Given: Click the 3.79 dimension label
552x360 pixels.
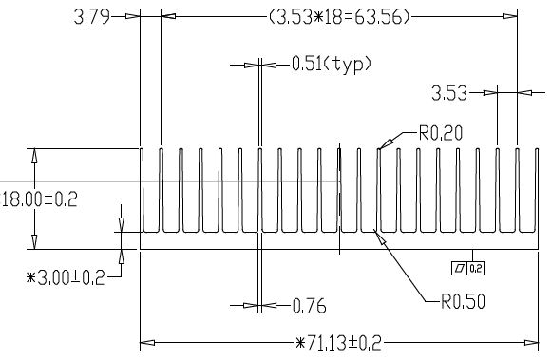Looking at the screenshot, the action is click(91, 16).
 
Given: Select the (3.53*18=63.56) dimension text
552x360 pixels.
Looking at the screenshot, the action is click(340, 16).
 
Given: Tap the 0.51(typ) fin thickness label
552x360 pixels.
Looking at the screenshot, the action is click(332, 65).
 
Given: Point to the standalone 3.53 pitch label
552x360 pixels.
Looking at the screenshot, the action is click(449, 94).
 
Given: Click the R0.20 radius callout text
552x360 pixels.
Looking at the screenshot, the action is click(441, 133).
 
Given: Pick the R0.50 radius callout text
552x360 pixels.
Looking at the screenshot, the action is click(463, 301).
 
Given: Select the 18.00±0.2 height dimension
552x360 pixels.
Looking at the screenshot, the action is click(40, 199).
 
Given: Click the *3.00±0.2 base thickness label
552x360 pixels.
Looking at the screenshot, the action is click(66, 278).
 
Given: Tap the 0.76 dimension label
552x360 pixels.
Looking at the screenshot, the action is click(310, 306).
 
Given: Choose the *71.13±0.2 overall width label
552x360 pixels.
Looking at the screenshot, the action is click(338, 343).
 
